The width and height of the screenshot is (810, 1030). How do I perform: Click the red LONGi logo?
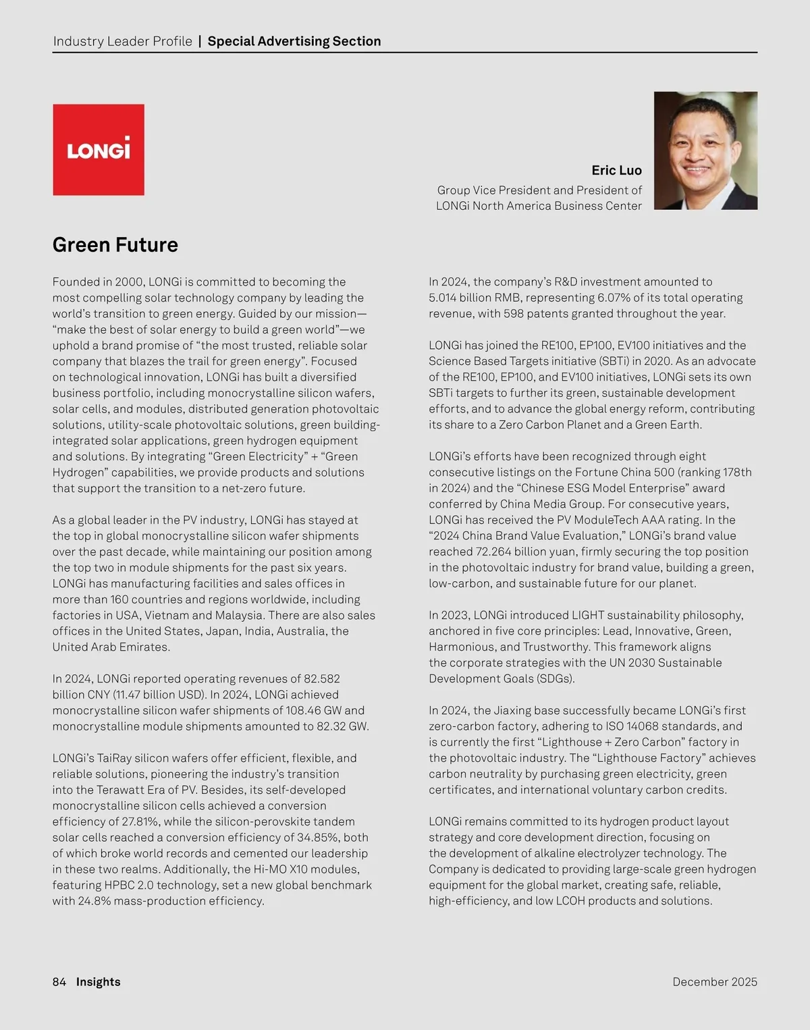click(99, 150)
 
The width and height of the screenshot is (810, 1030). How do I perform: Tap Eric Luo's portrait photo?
click(705, 151)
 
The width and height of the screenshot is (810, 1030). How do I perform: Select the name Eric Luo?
click(616, 170)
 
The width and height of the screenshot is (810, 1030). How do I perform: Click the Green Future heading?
click(115, 244)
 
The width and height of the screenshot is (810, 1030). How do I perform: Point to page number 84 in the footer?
click(59, 981)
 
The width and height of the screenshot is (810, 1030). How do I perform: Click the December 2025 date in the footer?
click(715, 981)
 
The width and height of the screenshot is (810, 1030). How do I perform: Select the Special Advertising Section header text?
click(294, 41)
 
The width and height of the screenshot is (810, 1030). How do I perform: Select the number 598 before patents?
click(514, 314)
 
